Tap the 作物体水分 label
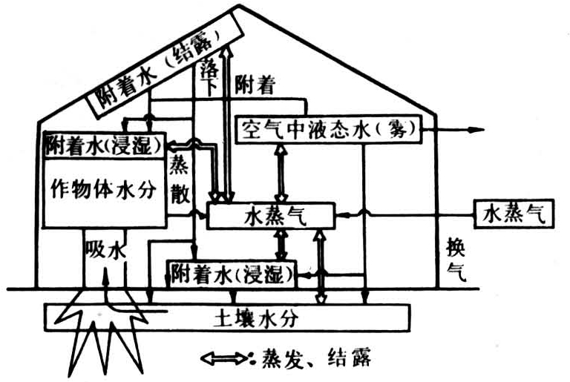tap(105, 188)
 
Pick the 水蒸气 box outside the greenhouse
tap(513, 214)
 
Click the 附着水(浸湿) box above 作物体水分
tap(103, 145)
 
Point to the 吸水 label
tap(104, 250)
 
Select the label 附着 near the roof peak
tap(255, 85)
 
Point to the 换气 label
tap(453, 259)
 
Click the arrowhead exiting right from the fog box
tap(475, 130)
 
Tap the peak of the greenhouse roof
tap(237, 7)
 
